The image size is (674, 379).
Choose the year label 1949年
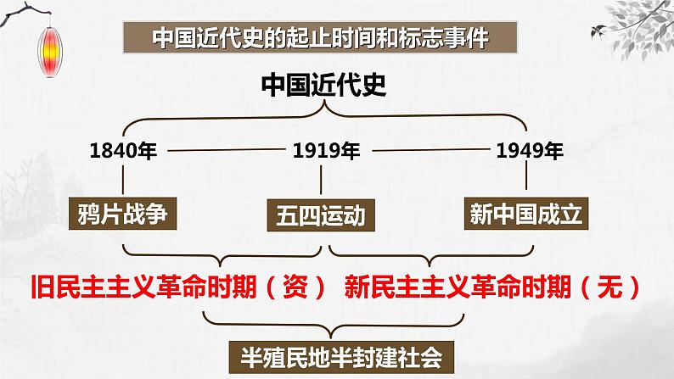coord(529,152)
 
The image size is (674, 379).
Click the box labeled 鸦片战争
coord(124,215)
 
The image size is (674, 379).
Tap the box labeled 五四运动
coord(320,217)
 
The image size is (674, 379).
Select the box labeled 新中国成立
coord(526,215)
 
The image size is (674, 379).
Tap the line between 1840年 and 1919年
coord(225,152)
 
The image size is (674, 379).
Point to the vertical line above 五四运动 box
coord(320,181)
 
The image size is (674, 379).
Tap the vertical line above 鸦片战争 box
coord(124,180)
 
